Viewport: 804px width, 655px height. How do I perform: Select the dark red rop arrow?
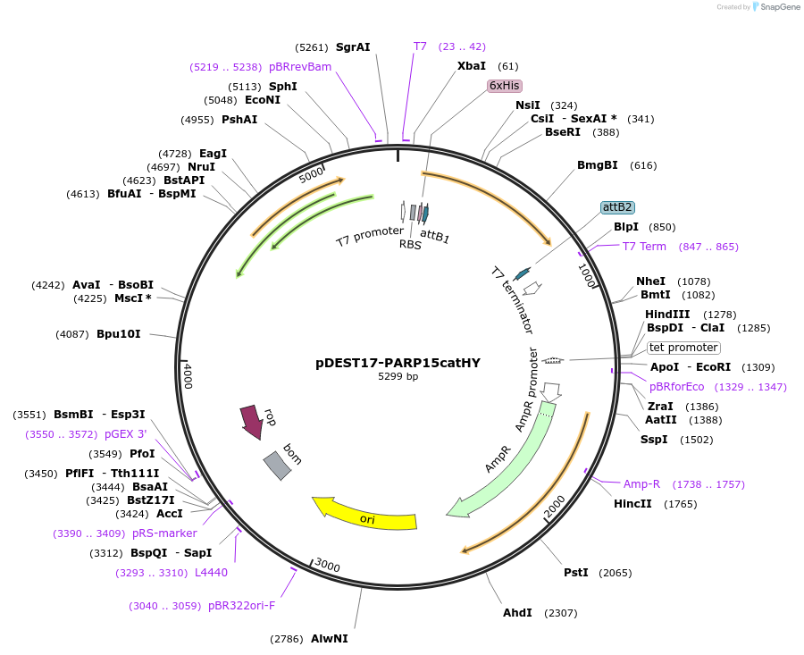click(251, 422)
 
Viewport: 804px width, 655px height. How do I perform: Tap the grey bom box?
click(278, 466)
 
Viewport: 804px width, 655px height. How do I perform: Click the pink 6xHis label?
click(505, 86)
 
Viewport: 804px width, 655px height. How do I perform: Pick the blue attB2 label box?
click(617, 207)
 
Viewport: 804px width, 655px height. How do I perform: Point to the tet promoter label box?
click(683, 348)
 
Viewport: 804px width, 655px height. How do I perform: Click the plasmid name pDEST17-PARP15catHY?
click(398, 363)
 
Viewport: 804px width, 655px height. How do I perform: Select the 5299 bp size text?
click(398, 376)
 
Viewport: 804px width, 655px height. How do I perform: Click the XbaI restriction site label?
click(471, 66)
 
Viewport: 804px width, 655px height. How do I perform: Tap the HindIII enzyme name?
click(667, 315)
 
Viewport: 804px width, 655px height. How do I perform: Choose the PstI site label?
click(576, 573)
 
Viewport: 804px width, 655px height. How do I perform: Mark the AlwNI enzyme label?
click(329, 639)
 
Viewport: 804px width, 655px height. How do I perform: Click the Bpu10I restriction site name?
click(119, 334)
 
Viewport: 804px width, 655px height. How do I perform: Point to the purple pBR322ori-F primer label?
click(241, 606)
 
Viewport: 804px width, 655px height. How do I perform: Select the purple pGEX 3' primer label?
click(126, 434)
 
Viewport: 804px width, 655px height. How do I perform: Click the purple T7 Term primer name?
click(644, 247)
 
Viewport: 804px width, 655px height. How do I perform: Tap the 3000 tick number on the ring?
click(327, 566)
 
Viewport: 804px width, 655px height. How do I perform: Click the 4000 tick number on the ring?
click(188, 376)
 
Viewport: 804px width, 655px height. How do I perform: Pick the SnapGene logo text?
click(779, 6)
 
